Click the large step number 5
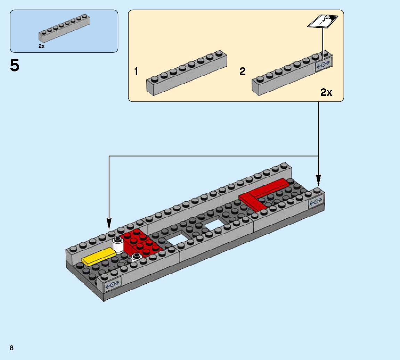click(x=15, y=65)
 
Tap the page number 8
click(x=12, y=348)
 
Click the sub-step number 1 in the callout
click(x=136, y=72)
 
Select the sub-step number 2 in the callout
click(x=243, y=72)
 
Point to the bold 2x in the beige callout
click(x=326, y=92)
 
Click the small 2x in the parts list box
click(x=41, y=46)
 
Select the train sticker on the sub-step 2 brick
click(x=324, y=65)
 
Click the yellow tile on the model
click(x=99, y=257)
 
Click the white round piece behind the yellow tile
click(x=118, y=245)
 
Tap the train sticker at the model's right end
click(x=316, y=202)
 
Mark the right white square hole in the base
click(x=213, y=225)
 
